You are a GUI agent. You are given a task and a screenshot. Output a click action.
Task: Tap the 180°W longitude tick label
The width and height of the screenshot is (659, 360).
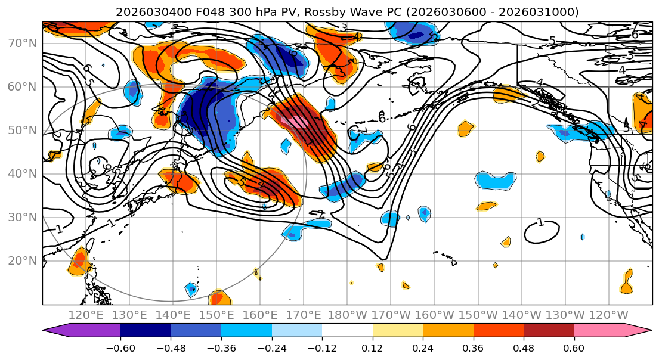click(x=347, y=315)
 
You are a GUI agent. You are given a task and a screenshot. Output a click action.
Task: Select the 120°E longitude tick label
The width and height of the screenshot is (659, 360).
click(x=86, y=315)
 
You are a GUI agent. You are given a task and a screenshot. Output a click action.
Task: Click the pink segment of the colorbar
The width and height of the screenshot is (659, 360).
click(x=599, y=331)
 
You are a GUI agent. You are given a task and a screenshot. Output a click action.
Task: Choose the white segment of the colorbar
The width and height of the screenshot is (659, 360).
click(x=347, y=331)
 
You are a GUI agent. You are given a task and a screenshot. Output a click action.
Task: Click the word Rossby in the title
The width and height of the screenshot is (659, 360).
click(x=331, y=12)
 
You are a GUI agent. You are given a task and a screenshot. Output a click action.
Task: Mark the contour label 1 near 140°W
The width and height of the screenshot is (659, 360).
click(x=540, y=222)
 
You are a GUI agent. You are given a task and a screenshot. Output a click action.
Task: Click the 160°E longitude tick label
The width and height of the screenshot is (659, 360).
click(x=260, y=315)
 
